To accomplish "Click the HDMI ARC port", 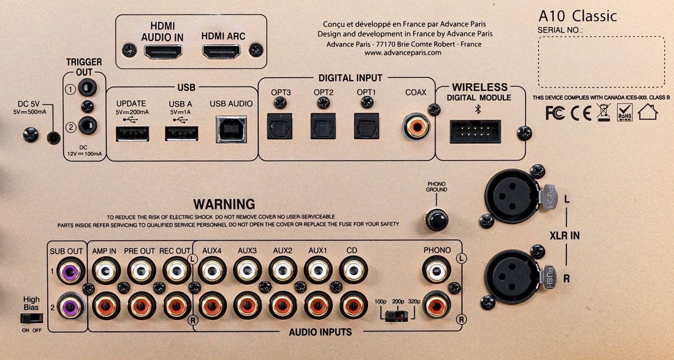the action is point(221,51).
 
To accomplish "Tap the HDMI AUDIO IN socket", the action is point(163,51).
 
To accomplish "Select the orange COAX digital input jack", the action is point(417,127).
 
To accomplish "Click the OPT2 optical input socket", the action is point(323,126).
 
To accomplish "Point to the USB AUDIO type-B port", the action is point(231,129).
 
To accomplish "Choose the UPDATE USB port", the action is point(132,133).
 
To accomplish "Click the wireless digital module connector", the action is point(475,132).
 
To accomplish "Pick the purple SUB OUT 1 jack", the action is point(70,272).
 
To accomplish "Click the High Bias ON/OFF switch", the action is point(32,318).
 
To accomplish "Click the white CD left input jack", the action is point(353,270).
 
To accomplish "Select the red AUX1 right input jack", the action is point(318,306).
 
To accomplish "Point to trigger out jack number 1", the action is point(87,88).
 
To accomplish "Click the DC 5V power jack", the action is point(53,138).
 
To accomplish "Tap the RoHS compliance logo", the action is point(625,112).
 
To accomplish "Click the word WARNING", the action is point(224,204).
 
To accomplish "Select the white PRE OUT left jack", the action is point(141,271).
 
